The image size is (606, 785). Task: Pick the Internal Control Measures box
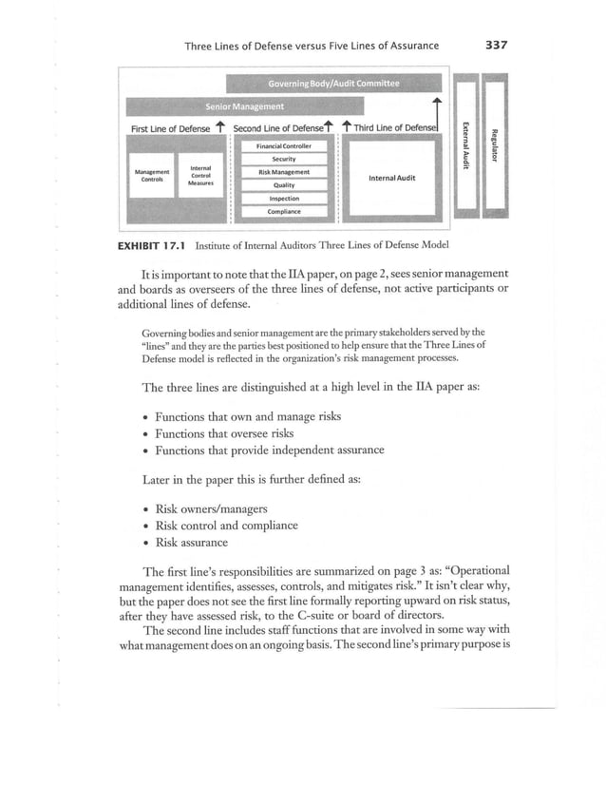coord(200,175)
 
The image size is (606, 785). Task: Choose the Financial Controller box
coord(285,146)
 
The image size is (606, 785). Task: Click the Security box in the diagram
coord(285,159)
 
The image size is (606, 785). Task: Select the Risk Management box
coord(285,172)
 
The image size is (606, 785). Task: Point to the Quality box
coord(285,185)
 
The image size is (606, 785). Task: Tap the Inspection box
coord(285,199)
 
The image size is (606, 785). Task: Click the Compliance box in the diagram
coord(285,212)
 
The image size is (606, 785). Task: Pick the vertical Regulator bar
coord(492,147)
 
